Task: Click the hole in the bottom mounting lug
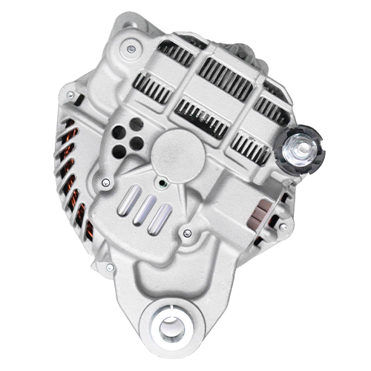[x=171, y=326]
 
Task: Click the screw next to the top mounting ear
[x=131, y=49]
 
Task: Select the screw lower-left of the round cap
[x=106, y=182]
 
